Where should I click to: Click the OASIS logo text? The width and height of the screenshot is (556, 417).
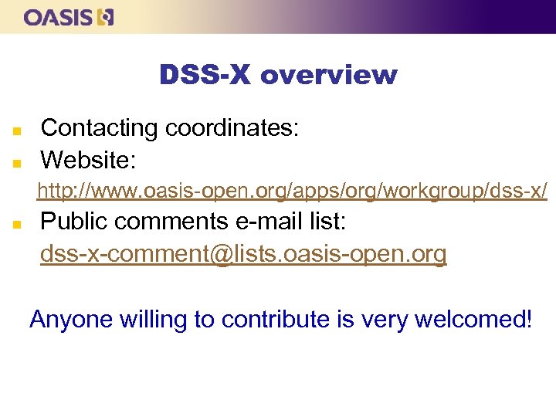(59, 17)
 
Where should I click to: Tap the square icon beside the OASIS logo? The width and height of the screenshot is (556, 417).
(107, 17)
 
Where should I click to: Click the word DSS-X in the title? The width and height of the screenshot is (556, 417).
(205, 76)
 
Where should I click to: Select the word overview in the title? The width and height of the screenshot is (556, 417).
(329, 76)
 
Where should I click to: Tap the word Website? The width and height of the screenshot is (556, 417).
(88, 160)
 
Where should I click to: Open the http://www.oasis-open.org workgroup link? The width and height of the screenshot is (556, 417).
(293, 190)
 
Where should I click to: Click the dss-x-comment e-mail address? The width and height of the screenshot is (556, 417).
(243, 254)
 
